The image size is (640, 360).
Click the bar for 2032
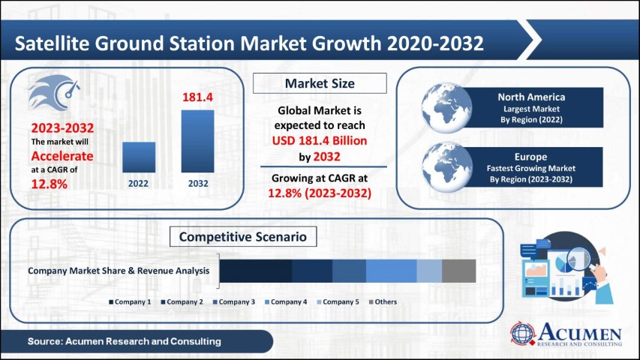(x=197, y=141)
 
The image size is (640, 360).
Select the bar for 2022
(x=139, y=157)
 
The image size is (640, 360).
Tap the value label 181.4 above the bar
(x=197, y=97)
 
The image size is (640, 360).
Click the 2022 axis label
(x=139, y=182)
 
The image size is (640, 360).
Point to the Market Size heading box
(x=320, y=83)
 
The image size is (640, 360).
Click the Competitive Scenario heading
(x=243, y=237)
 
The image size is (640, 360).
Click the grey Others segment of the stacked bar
(x=458, y=271)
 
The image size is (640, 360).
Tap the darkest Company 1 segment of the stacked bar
(x=255, y=271)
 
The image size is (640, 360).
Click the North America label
(x=530, y=97)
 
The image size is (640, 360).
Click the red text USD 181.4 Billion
(x=320, y=142)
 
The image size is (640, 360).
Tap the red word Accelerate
(x=62, y=156)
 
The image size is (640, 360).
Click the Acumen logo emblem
(x=524, y=334)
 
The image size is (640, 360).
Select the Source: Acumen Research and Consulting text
(x=125, y=341)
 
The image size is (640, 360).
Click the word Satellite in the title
(x=55, y=43)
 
